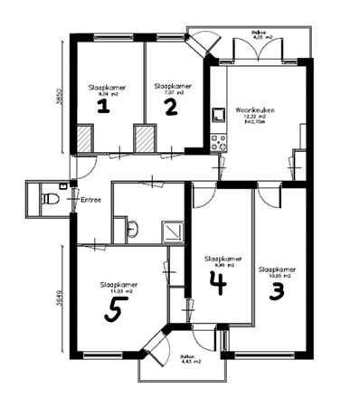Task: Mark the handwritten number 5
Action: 115,312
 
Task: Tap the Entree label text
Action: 91,199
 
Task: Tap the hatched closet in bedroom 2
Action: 145,139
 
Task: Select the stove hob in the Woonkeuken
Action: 217,141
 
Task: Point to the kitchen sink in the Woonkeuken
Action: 217,116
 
